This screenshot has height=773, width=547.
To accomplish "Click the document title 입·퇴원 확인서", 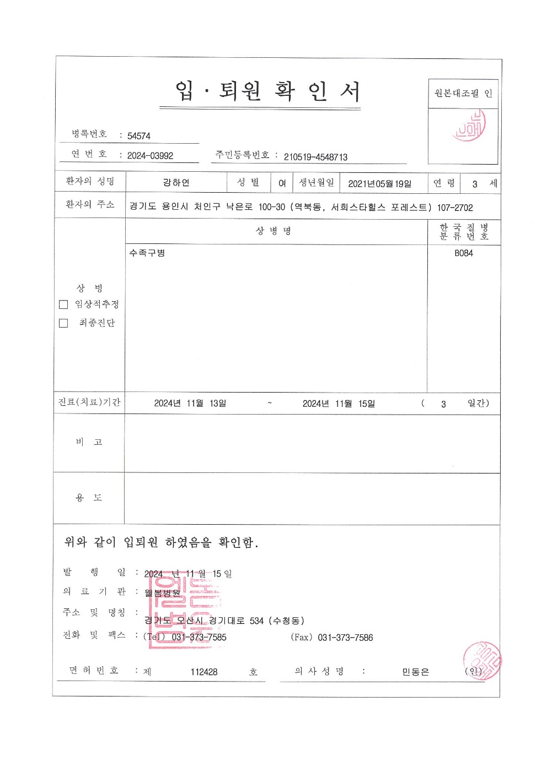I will (268, 91).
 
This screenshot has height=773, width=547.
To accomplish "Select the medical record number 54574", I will (139, 136).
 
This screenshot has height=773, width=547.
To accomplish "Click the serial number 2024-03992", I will (150, 156).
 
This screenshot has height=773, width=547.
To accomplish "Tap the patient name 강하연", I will (176, 183).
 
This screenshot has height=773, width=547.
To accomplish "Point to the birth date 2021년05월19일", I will (379, 184).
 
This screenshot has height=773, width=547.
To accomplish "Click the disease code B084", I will (464, 253).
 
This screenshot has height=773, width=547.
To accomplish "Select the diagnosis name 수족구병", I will (147, 253).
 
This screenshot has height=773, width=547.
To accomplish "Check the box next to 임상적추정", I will (63, 304).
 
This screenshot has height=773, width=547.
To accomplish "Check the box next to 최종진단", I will (63, 323).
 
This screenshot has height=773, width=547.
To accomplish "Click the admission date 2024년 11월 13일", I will (190, 404).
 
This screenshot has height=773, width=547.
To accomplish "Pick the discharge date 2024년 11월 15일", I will (339, 404).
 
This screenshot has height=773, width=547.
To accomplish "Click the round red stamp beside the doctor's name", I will (482, 661).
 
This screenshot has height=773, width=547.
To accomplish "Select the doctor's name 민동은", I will (415, 672).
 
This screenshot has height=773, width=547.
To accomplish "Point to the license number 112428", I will (204, 672).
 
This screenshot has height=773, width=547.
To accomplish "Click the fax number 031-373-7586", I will (345, 638).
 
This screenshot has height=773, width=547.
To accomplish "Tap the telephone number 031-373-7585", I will (199, 638).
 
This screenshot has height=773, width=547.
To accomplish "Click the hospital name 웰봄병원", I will (162, 593).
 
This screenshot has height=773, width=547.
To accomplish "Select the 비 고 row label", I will (89, 442).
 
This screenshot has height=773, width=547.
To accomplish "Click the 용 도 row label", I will (89, 498).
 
